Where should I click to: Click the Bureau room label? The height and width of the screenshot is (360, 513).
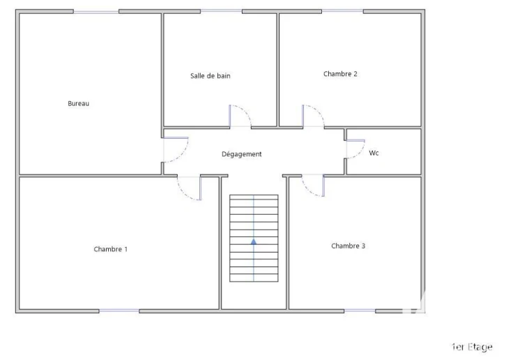79,103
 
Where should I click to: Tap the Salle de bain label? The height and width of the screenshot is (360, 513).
210,76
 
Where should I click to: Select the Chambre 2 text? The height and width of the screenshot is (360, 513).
340,74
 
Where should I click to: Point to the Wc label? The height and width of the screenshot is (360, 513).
374,153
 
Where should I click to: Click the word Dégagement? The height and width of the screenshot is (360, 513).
242,154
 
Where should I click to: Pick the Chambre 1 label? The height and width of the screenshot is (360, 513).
111,249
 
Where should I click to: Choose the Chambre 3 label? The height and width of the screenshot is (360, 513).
348,246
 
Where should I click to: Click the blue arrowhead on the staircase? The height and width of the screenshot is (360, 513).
254,242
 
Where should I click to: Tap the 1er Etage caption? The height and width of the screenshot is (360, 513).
472,347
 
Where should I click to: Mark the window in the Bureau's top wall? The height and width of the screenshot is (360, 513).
96,12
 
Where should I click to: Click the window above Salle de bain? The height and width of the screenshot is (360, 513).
221,11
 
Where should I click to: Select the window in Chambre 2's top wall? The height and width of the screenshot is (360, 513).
342,11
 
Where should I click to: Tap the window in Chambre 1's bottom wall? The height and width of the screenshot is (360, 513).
119,310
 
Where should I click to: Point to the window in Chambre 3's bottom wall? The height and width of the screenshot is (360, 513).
360,310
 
